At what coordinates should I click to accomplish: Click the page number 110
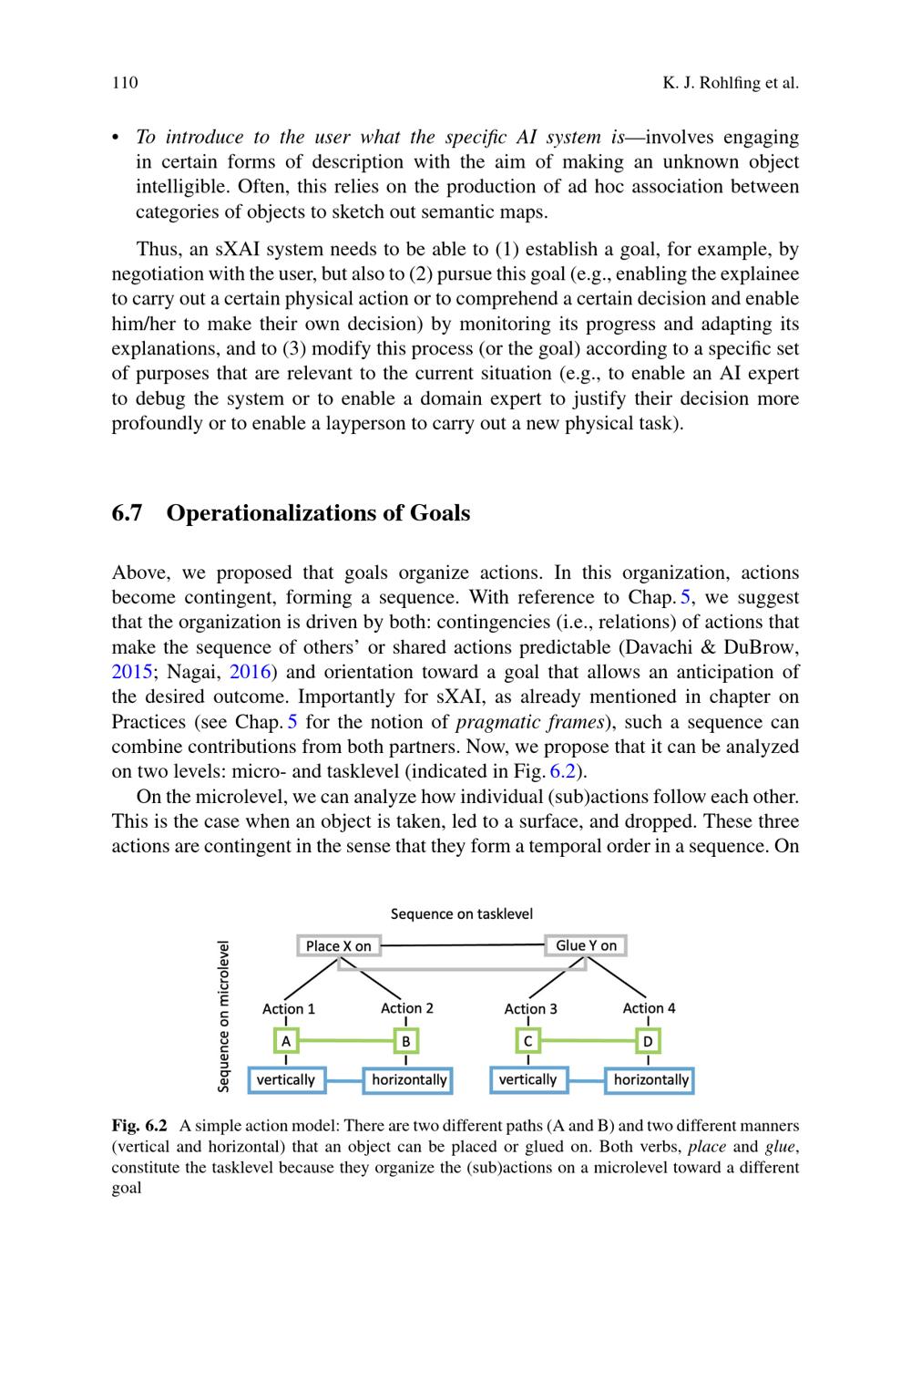pos(125,83)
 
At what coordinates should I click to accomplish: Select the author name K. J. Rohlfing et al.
pos(730,83)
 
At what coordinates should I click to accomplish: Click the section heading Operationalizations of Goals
pos(318,513)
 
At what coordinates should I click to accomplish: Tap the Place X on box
pos(338,946)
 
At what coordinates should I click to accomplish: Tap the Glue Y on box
pos(586,945)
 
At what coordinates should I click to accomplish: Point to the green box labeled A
pos(286,1040)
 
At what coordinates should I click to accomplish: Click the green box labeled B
pos(406,1040)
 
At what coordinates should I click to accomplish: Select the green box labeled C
pos(527,1040)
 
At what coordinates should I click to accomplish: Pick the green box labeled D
pos(648,1040)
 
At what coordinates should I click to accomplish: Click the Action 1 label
pos(289,1008)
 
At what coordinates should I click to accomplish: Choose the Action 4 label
pos(649,1007)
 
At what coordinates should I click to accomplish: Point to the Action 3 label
pos(530,1008)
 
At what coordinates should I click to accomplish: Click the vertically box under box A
pos(286,1080)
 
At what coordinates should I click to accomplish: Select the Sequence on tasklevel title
pos(461,913)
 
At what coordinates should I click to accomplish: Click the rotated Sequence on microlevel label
pos(223,1016)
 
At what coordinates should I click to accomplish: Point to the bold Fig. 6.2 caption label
pos(139,1125)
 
